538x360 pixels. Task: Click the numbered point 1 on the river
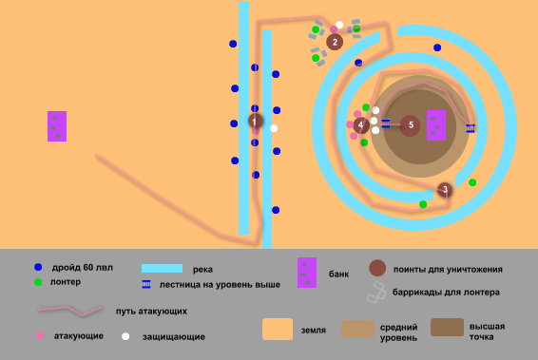point(255,121)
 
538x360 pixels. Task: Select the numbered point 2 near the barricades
point(334,41)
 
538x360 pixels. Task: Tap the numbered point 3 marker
point(445,190)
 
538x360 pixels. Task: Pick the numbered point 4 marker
point(360,124)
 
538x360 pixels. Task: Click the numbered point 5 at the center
point(410,124)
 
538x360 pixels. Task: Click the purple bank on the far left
point(57,126)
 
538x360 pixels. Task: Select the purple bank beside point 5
point(436,124)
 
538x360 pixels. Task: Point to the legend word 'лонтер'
point(67,282)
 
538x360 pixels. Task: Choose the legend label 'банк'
point(337,274)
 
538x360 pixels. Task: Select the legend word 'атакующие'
point(78,336)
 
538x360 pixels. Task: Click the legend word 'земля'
point(315,331)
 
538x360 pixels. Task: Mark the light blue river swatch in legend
point(162,269)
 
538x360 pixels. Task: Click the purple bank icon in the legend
point(306,272)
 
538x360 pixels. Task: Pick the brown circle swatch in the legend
point(377,268)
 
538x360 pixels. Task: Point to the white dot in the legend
point(125,336)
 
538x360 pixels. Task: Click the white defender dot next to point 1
point(274,128)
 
